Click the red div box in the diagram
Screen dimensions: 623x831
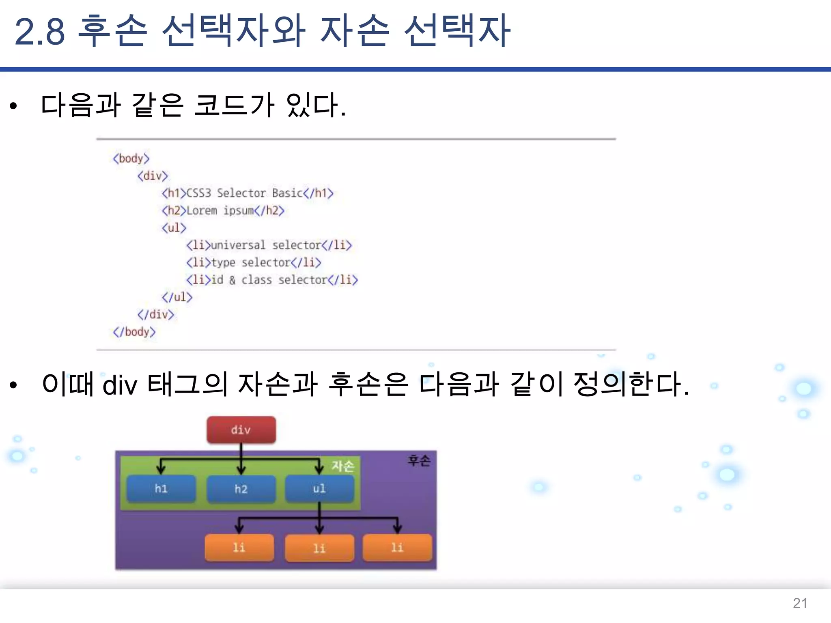[241, 430]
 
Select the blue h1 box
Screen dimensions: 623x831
[161, 488]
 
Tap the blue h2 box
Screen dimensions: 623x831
[241, 489]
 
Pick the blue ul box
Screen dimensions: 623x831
[319, 488]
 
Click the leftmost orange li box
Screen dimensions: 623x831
[239, 548]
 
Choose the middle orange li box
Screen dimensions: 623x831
[319, 548]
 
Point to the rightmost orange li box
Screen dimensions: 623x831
[397, 548]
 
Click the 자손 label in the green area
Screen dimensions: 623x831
[343, 466]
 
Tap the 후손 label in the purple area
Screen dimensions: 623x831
[419, 460]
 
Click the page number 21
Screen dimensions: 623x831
[800, 603]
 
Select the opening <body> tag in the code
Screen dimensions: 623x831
[131, 158]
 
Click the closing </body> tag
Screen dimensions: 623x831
[134, 332]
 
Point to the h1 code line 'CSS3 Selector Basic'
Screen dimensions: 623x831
[248, 193]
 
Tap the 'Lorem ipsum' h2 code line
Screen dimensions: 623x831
[223, 211]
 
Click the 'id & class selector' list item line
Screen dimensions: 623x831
[272, 280]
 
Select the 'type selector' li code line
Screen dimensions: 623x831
[254, 262]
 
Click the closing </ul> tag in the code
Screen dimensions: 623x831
[177, 297]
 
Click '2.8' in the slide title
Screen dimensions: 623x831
[39, 32]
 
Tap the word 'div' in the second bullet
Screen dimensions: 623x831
[120, 385]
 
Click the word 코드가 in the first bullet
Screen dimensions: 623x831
[234, 105]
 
